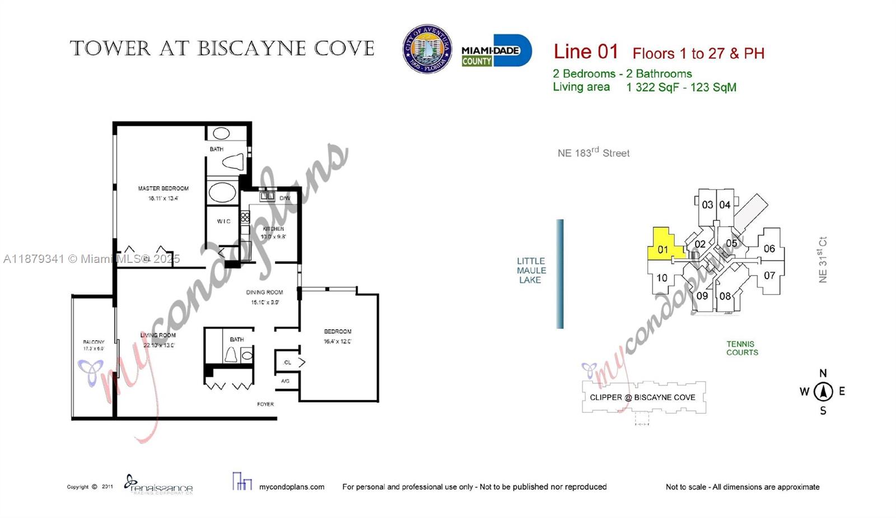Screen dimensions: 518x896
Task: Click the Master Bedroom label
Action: point(164,189)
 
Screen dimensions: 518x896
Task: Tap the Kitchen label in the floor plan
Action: point(273,229)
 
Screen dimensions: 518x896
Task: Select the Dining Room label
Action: point(264,292)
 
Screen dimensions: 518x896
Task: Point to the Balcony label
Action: point(94,342)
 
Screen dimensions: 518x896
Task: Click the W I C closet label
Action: point(223,222)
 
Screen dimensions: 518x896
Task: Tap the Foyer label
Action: point(265,404)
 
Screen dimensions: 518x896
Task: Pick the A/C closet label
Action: point(285,381)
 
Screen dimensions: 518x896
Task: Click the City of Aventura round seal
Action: point(427,49)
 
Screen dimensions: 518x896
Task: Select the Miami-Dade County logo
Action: point(496,51)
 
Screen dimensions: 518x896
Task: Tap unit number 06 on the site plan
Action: point(769,248)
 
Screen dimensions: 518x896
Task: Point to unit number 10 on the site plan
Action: point(662,277)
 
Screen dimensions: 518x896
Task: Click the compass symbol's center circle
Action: point(823,392)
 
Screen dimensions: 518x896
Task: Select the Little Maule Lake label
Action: point(531,270)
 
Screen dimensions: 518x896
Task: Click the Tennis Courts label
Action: point(742,348)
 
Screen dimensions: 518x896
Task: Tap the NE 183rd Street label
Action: point(593,153)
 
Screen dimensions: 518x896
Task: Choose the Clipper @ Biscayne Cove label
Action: point(642,397)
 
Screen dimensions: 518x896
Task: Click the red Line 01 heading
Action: point(586,52)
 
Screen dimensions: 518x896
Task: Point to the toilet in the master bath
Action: point(234,162)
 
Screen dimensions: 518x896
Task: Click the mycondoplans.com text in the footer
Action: point(291,487)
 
